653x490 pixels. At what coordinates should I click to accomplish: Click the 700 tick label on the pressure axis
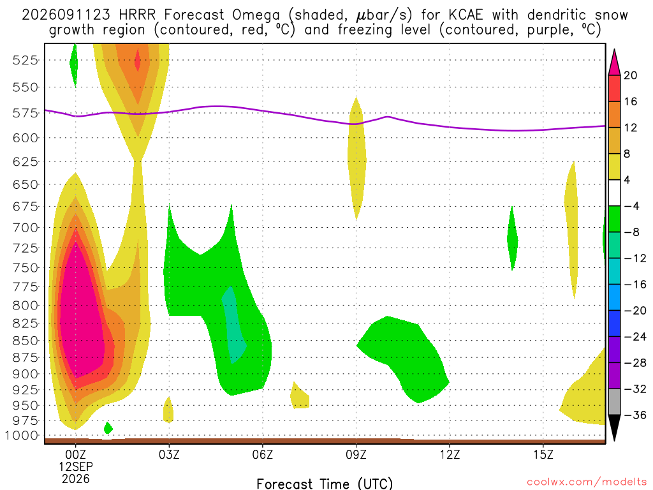pyautogui.click(x=26, y=228)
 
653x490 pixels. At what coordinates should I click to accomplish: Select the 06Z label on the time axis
pyautogui.click(x=262, y=454)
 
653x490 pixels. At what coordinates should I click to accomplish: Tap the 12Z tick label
pyautogui.click(x=450, y=454)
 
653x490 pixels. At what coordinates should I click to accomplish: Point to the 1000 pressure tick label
pyautogui.click(x=21, y=435)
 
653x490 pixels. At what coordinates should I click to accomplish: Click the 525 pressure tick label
pyautogui.click(x=26, y=61)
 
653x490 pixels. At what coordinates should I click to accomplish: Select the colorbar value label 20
pyautogui.click(x=630, y=75)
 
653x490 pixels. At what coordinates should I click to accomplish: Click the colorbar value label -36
pyautogui.click(x=635, y=415)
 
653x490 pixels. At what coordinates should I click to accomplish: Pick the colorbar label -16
pyautogui.click(x=635, y=285)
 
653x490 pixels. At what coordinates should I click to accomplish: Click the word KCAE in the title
pyautogui.click(x=466, y=15)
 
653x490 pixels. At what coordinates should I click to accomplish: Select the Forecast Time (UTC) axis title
pyautogui.click(x=325, y=484)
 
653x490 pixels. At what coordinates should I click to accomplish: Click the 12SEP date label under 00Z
pyautogui.click(x=75, y=466)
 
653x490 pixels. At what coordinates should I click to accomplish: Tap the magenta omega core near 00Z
pyautogui.click(x=81, y=316)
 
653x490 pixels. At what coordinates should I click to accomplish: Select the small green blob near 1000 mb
pyautogui.click(x=108, y=428)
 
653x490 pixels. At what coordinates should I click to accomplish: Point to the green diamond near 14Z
pyautogui.click(x=512, y=239)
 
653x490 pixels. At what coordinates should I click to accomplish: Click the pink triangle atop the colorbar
pyautogui.click(x=614, y=63)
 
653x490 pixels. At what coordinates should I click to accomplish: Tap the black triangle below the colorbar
pyautogui.click(x=614, y=427)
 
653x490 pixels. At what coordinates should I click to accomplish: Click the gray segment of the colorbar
pyautogui.click(x=614, y=402)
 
